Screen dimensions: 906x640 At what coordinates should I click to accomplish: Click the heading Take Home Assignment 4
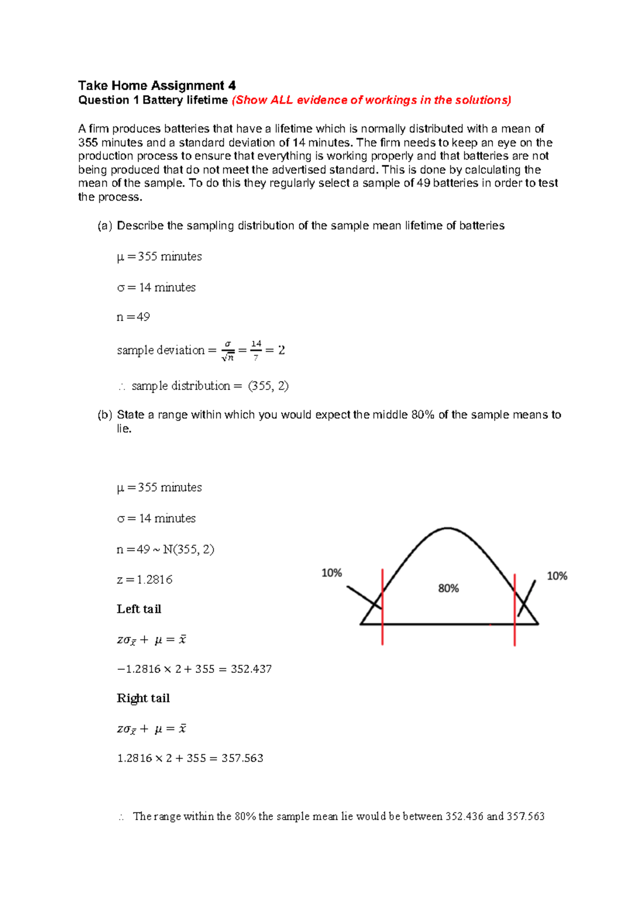157,85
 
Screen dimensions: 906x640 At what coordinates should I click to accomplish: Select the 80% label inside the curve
448,589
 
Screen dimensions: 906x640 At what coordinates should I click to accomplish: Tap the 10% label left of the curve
331,573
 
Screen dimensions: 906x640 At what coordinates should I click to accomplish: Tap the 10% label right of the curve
557,576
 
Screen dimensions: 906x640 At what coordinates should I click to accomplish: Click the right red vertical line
515,609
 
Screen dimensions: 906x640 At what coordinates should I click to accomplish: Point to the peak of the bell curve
447,529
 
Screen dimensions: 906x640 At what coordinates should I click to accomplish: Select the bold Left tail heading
139,609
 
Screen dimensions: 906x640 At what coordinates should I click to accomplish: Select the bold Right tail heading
143,698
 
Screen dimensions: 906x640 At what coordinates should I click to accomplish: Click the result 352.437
251,669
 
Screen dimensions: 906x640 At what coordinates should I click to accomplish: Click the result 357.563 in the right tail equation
242,758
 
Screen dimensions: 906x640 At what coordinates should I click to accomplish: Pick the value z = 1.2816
145,580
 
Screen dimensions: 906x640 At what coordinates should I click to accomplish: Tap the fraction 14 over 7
256,351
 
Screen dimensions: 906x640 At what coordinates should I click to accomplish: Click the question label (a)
105,226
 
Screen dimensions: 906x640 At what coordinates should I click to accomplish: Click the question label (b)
105,415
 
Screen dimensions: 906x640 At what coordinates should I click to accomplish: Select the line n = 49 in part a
133,317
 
